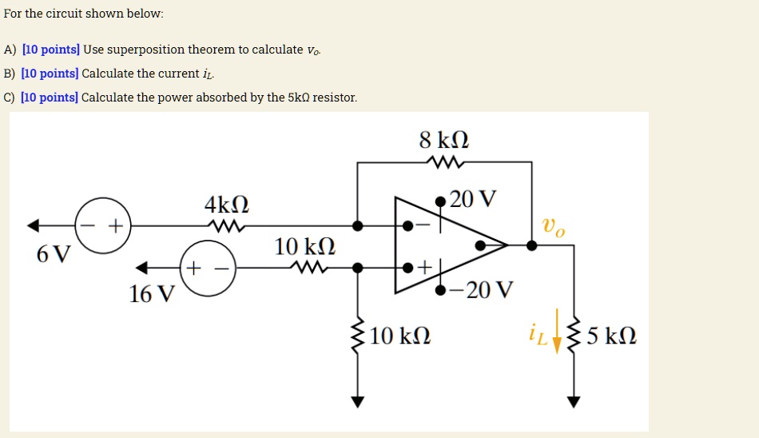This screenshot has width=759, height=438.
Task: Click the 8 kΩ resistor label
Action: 443,140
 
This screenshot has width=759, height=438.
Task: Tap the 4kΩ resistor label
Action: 227,204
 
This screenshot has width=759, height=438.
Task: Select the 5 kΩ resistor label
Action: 611,336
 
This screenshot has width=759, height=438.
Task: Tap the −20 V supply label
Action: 481,289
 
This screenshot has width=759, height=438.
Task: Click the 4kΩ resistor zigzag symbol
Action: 226,226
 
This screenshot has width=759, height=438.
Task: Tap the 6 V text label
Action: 54,255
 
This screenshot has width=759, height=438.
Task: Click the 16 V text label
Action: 151,295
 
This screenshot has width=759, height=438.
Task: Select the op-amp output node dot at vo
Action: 532,245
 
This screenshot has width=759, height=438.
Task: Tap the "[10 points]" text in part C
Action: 50,98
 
